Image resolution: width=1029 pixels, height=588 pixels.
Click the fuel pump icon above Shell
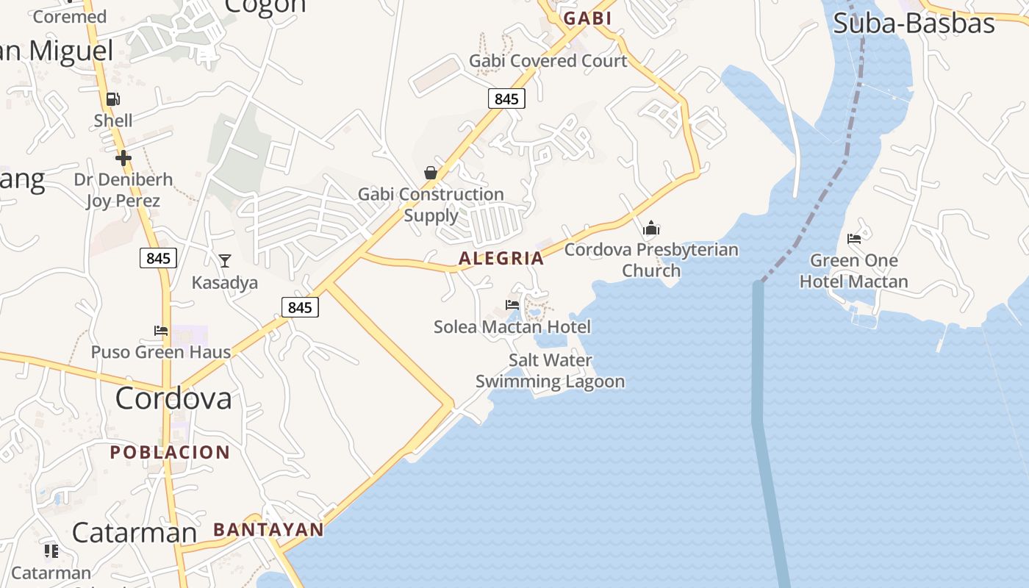112,99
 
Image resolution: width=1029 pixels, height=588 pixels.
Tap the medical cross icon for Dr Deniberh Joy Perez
123,157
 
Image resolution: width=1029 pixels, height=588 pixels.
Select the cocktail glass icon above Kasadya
224,260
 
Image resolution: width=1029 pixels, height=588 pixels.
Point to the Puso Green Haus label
160,352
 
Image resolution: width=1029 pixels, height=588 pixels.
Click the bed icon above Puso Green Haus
160,331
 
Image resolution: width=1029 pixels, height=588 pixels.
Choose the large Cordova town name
173,398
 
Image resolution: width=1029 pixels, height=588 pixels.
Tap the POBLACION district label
170,452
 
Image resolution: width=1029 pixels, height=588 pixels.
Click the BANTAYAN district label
268,529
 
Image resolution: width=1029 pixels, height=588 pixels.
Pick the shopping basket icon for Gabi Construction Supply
431,173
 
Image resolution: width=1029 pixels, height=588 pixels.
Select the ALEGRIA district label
501,258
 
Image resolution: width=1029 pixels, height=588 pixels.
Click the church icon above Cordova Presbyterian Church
651,228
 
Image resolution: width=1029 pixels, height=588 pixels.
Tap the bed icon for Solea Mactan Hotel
512,304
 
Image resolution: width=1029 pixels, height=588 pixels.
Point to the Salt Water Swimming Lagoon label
550,370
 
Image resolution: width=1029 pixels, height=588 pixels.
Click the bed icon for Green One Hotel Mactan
854,239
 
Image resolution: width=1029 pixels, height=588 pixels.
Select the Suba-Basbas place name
914,24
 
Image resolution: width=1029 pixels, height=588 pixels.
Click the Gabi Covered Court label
548,61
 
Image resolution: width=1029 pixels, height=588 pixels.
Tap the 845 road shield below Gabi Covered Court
506,98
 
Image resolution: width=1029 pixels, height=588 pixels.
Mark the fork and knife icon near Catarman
51,551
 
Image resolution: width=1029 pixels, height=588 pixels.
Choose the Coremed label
70,16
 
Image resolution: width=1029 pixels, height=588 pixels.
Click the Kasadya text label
224,282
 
